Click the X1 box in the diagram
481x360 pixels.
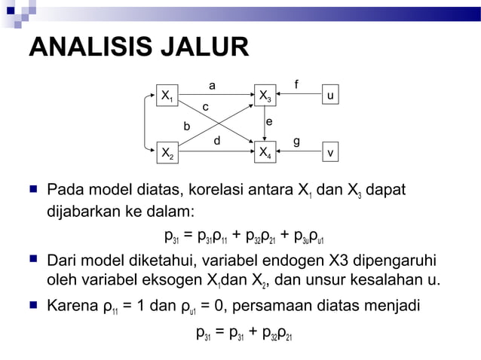tap(167, 96)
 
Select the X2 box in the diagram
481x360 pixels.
tap(167, 154)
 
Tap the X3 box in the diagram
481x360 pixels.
tap(265, 96)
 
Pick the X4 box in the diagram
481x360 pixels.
tap(265, 154)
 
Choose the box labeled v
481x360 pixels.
tap(330, 153)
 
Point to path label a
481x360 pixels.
tap(212, 86)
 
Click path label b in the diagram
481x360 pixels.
tap(188, 126)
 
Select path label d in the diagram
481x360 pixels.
tap(216, 140)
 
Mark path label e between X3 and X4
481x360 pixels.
tap(269, 122)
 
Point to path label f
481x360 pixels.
tap(296, 84)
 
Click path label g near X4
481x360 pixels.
tap(296, 141)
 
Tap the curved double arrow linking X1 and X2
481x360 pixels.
tap(146, 125)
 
